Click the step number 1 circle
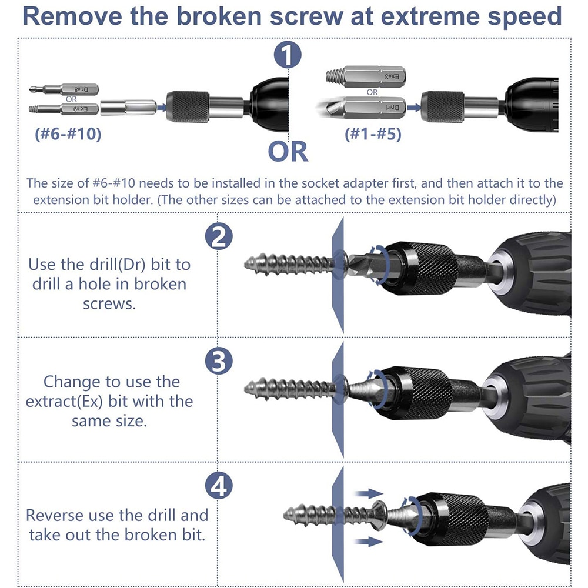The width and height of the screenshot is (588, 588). pos(288,56)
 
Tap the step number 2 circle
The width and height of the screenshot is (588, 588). pos(219,238)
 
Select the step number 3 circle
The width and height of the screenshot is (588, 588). pos(219,362)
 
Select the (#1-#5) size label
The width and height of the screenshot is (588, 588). pos(373,133)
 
